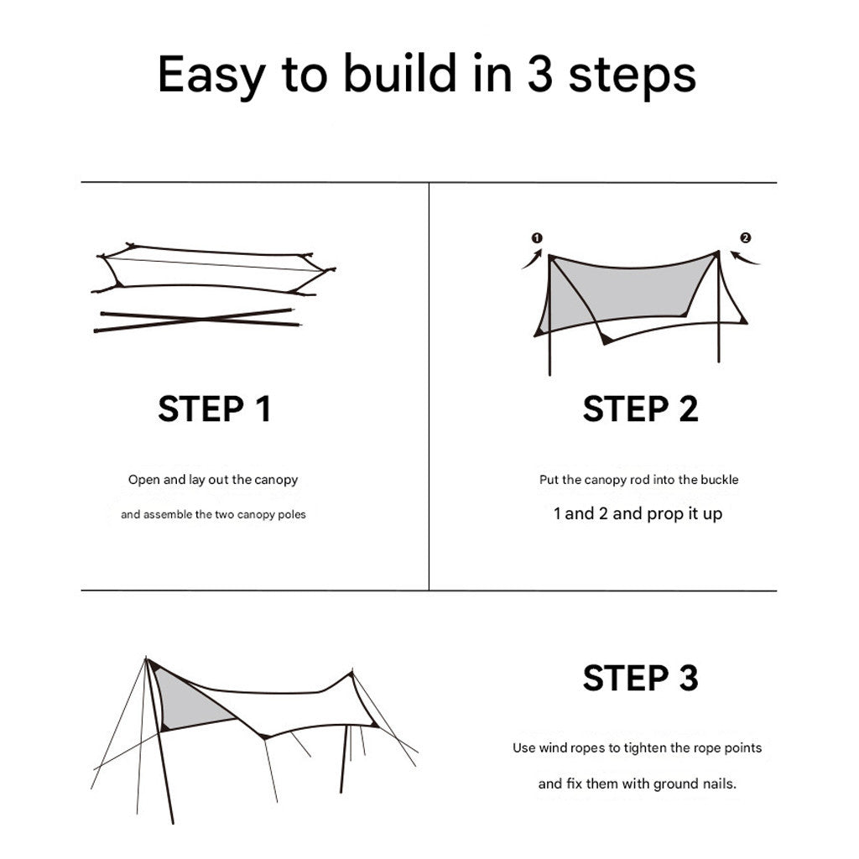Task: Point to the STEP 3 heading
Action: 640,678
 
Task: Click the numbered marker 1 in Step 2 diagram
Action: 537,237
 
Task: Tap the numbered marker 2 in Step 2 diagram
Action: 746,237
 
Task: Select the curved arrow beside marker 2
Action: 746,257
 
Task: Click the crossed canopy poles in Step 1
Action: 198,320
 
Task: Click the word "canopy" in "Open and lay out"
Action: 276,481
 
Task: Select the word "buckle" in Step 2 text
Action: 719,481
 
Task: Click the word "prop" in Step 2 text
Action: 663,514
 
